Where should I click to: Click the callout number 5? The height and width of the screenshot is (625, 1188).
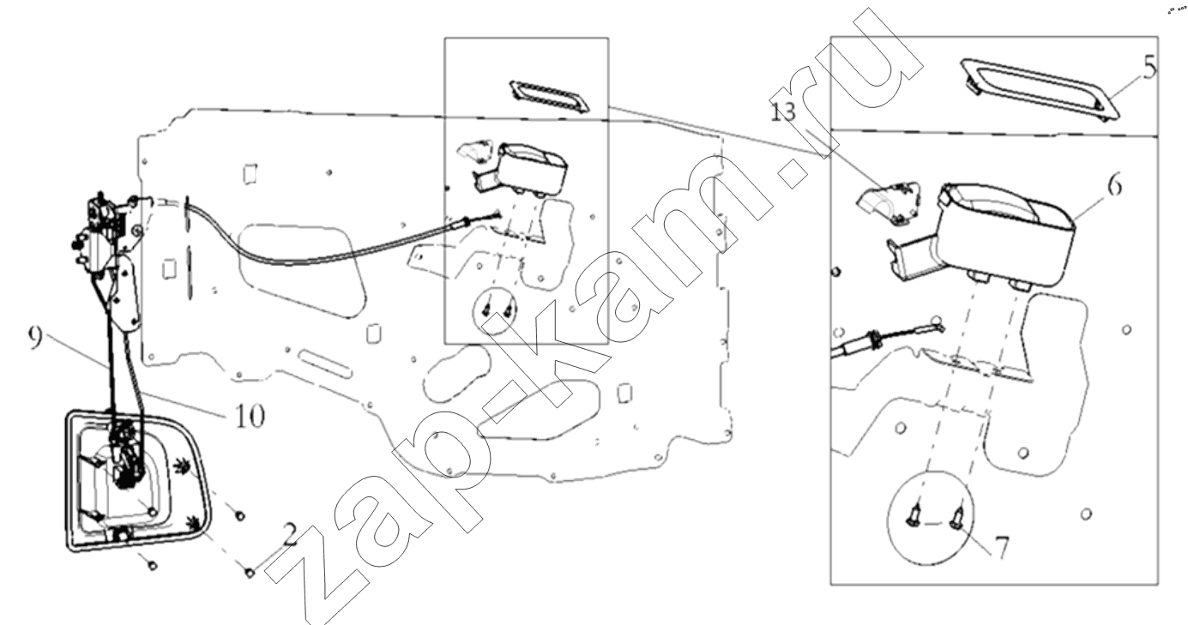coord(1149,68)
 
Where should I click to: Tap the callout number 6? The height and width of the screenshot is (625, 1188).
coord(1115,186)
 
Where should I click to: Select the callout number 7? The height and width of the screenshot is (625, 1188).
coord(1001,548)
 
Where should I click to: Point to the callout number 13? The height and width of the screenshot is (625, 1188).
coord(783,111)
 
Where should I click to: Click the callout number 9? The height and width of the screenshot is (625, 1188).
coord(35,338)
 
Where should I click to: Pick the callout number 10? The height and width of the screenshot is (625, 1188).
coord(250,416)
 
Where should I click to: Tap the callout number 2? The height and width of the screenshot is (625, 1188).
coord(290,534)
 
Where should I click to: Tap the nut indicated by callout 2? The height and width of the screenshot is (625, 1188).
coord(250,572)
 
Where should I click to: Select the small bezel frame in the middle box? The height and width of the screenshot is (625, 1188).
coord(550,97)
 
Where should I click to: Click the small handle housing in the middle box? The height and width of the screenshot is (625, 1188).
coord(520,167)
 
